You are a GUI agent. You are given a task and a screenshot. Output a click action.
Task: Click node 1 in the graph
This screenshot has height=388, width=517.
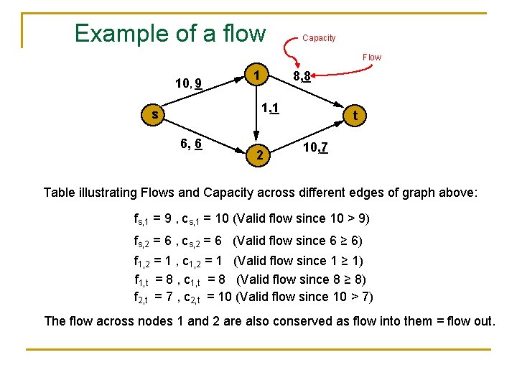[x=256, y=75]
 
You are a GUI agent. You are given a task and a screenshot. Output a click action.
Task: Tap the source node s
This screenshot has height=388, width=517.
[x=154, y=114]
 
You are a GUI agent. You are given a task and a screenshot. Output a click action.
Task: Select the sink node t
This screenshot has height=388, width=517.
[x=354, y=115]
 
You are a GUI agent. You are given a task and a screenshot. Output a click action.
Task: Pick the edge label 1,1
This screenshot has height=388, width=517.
[x=270, y=108]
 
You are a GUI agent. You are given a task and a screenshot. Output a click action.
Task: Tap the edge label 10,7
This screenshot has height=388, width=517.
[x=316, y=148]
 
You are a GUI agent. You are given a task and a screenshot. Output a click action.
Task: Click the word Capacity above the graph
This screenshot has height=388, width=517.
[x=319, y=38]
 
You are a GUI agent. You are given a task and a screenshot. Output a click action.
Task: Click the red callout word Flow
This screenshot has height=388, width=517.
[x=372, y=57]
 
